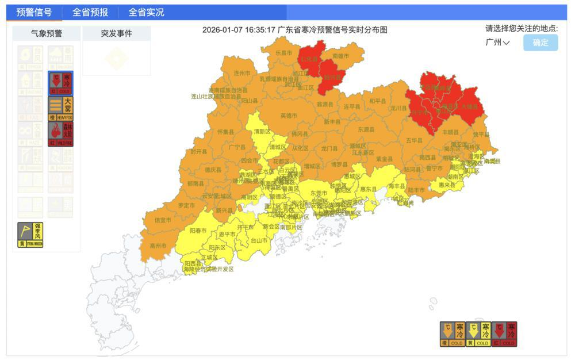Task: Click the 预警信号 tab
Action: tap(34, 12)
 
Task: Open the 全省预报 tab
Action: tap(90, 12)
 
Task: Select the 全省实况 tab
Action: tap(146, 12)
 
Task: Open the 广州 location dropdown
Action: tap(497, 43)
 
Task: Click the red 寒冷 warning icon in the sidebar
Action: tap(60, 83)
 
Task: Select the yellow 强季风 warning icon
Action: tap(30, 235)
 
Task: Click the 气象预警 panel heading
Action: tap(46, 33)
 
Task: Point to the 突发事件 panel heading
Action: tap(116, 33)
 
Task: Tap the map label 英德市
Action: tap(289, 116)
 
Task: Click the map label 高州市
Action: tap(158, 246)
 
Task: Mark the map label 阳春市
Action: tap(198, 229)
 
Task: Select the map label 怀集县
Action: tap(225, 132)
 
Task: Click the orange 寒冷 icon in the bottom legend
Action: tap(452, 334)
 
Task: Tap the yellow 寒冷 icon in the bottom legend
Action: tap(478, 334)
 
